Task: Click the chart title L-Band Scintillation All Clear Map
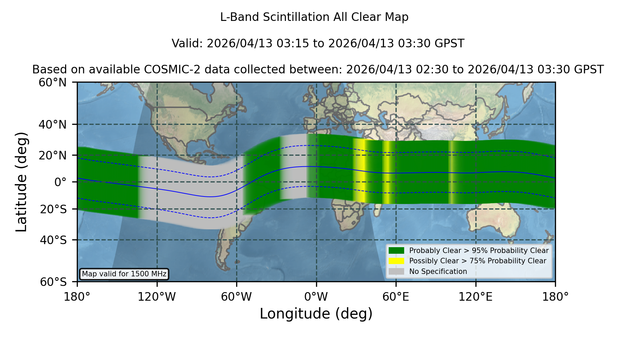[x=314, y=17]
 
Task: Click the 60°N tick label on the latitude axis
[x=53, y=83]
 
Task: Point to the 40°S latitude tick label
[x=53, y=240]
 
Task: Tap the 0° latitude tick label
[x=60, y=182]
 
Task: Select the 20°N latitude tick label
[x=53, y=155]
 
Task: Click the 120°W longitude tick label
[x=157, y=297]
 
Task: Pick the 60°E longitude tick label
[x=396, y=297]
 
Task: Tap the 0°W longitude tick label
[x=316, y=297]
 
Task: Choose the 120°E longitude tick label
[x=475, y=297]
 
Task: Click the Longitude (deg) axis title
[x=316, y=314]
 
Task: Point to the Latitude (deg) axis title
[x=21, y=182]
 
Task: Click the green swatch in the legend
[x=397, y=251]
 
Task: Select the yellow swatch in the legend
[x=397, y=261]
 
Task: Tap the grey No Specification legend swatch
[x=397, y=272]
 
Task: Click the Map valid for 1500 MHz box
[x=124, y=274]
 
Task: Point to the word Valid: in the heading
[x=187, y=44]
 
